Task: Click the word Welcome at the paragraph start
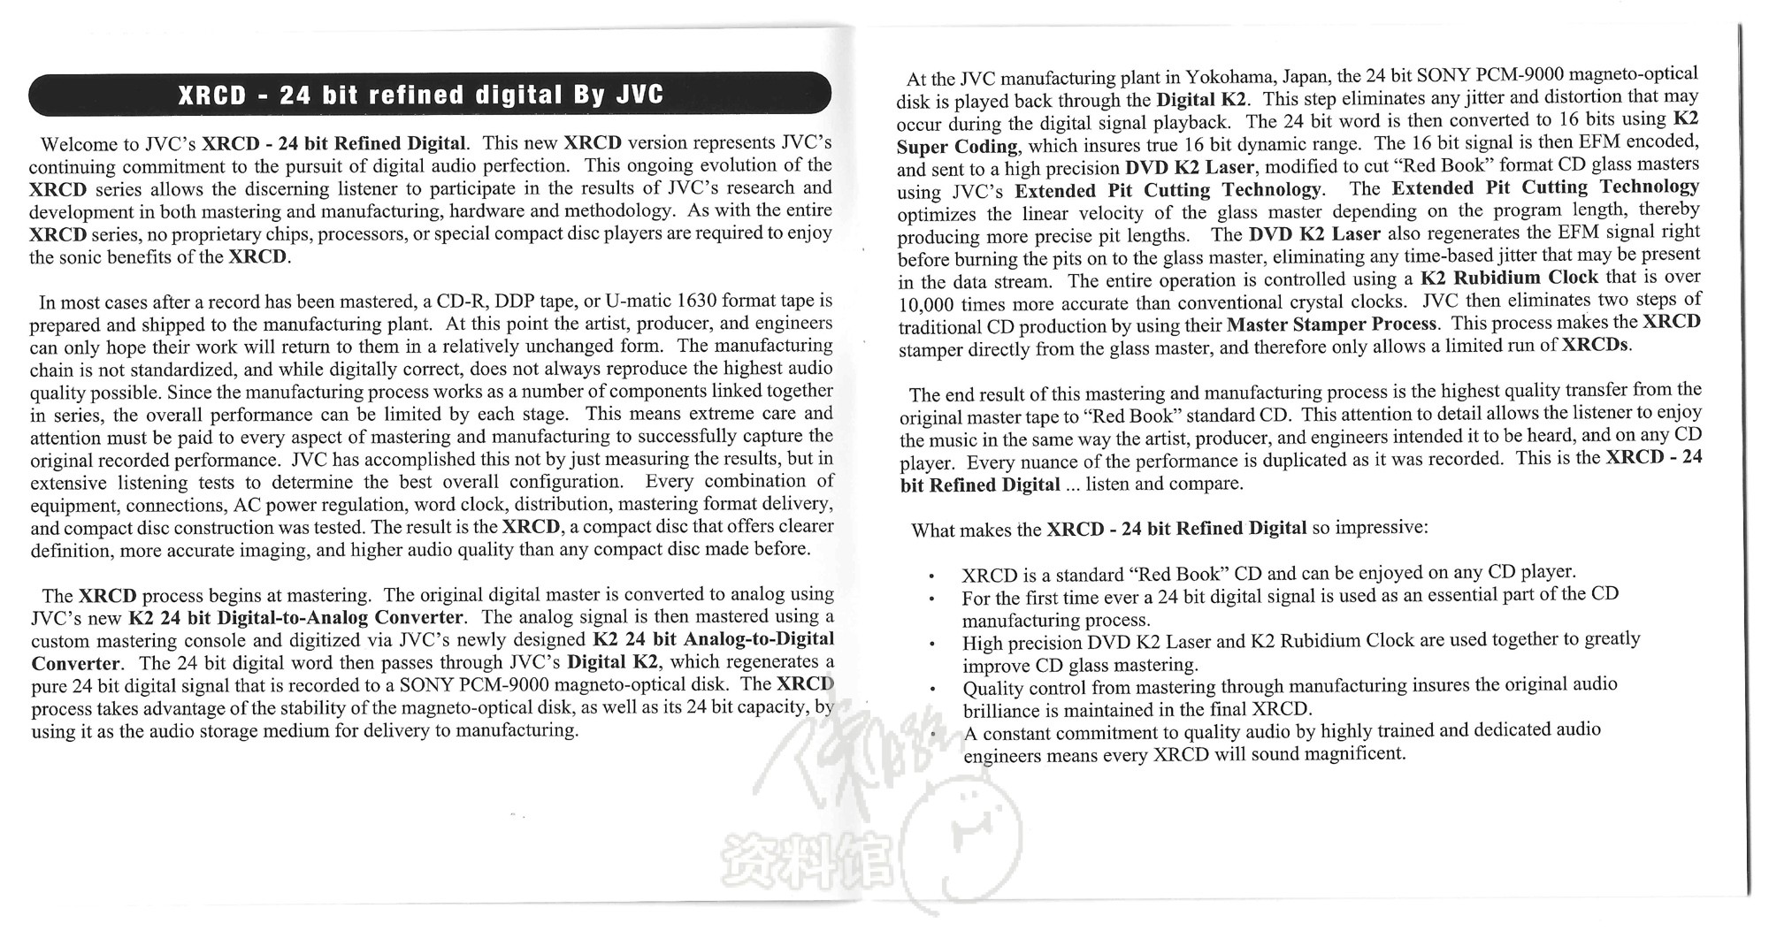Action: [77, 144]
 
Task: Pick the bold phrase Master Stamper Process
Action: [1331, 324]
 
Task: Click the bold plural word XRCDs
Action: [1596, 344]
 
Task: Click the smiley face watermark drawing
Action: [973, 844]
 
